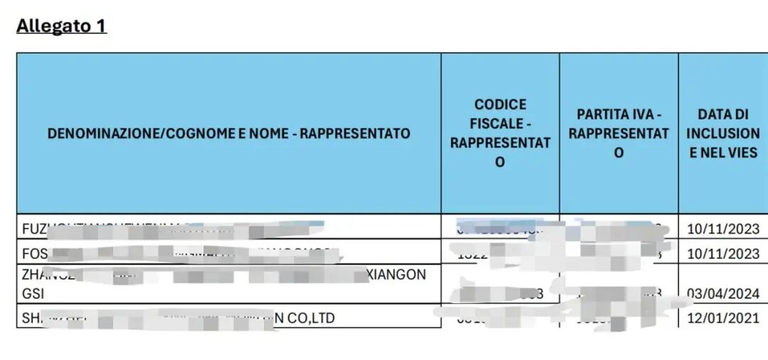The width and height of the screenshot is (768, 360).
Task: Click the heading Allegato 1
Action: [61, 26]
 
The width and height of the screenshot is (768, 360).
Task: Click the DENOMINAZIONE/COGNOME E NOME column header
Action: [228, 133]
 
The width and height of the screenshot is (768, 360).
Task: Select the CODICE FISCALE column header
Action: [500, 133]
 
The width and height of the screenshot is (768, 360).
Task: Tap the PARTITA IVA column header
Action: [619, 133]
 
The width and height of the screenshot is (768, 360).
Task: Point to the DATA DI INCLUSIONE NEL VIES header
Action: [722, 133]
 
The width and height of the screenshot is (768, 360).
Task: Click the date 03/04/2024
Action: [723, 293]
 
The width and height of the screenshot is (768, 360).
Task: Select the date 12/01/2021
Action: [723, 318]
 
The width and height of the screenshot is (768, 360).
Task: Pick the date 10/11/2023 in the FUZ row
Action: [723, 229]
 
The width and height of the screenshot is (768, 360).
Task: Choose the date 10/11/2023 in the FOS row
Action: [723, 253]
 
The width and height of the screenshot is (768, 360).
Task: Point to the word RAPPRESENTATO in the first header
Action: [356, 133]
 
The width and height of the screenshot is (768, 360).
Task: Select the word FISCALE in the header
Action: [500, 123]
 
